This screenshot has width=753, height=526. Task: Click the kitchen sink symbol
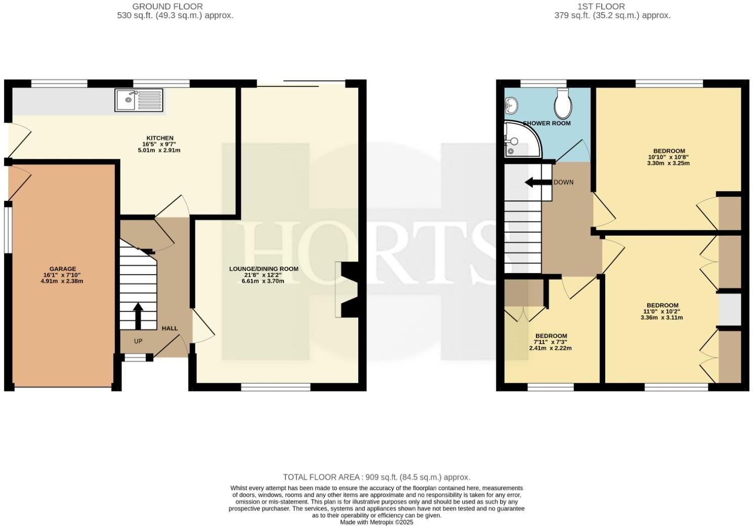(x=139, y=100)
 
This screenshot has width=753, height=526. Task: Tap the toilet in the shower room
(x=563, y=104)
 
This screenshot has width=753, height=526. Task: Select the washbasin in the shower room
(x=511, y=106)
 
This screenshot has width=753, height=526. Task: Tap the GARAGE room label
(x=63, y=269)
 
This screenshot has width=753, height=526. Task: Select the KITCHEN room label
(x=160, y=138)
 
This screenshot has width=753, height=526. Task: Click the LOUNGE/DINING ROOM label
(x=264, y=269)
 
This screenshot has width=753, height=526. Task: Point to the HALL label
(x=170, y=328)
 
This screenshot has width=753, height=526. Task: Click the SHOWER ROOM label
(x=547, y=123)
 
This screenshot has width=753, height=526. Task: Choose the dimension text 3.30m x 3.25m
(x=668, y=163)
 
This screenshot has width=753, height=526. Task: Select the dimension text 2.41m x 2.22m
(x=551, y=348)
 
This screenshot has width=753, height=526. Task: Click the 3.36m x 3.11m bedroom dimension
(x=662, y=318)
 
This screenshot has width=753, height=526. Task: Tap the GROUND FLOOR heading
(x=168, y=7)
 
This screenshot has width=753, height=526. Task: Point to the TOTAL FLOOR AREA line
(x=377, y=477)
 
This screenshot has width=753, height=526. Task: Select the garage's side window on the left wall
(x=8, y=227)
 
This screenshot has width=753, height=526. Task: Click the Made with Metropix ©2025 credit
(x=377, y=522)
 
